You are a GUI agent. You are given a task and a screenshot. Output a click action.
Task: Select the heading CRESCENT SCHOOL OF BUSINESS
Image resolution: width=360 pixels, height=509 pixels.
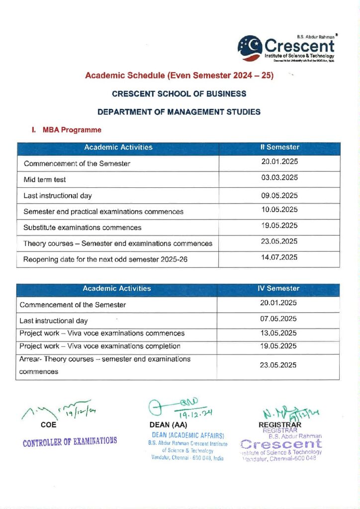point(179,93)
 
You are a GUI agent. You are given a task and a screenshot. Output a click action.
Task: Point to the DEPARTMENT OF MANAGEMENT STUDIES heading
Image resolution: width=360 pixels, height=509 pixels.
point(179,112)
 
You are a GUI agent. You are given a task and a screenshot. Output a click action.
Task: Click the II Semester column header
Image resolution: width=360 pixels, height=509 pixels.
point(280,148)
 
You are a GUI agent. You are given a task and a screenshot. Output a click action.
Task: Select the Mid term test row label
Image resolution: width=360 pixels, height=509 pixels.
point(45,179)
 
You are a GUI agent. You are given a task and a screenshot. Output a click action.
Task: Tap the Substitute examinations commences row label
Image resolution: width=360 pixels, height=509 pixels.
point(83,227)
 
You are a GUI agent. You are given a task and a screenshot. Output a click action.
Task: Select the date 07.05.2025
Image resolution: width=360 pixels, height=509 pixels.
point(278,319)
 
